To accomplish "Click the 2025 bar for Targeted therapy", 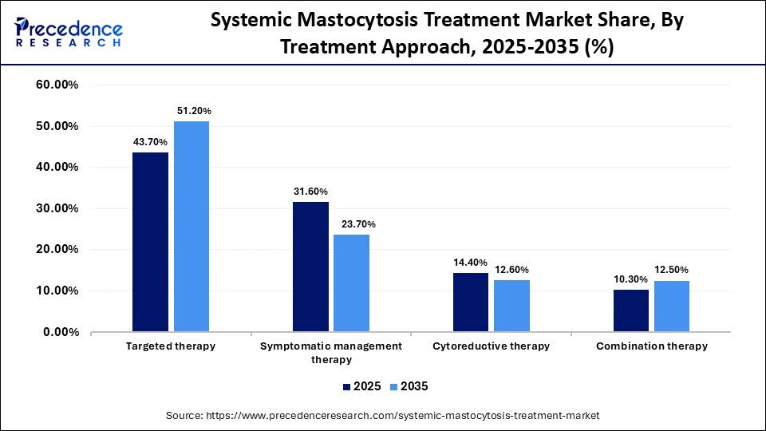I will point(150,242).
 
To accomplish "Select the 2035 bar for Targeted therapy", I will point(191,227).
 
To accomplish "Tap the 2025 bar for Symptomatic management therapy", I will point(310,267).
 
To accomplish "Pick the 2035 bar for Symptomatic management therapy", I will point(352,283).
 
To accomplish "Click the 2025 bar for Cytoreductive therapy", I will point(471,302).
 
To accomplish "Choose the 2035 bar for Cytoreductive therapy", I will point(511,306).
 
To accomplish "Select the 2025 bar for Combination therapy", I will point(631,310).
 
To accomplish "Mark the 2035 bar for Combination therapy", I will point(672,306).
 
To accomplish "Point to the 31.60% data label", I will point(310,192).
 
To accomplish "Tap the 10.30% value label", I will point(631,279).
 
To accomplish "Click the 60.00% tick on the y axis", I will point(57,85).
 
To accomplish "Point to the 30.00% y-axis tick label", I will point(57,208).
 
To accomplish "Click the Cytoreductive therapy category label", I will point(491,346).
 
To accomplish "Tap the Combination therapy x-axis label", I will point(651,346).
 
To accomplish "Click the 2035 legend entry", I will point(409,386).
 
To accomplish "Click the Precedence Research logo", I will point(68,32).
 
